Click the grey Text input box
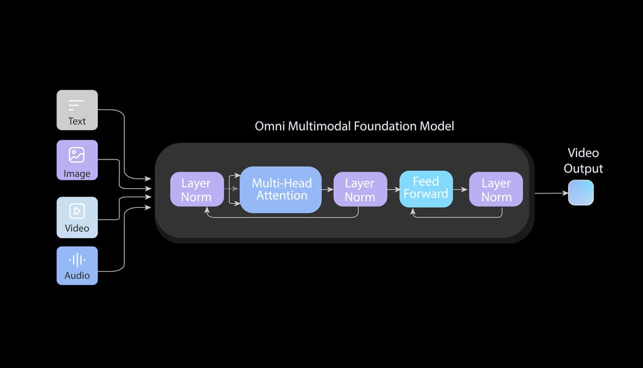pyautogui.click(x=77, y=110)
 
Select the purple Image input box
pyautogui.click(x=77, y=160)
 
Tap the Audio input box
pyautogui.click(x=77, y=266)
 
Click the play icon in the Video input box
pyautogui.click(x=77, y=211)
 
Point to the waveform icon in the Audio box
pyautogui.click(x=77, y=259)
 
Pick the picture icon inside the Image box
pyautogui.click(x=77, y=154)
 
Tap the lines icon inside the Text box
pyautogui.click(x=76, y=105)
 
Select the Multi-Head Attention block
pyautogui.click(x=280, y=190)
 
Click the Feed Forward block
pyautogui.click(x=426, y=188)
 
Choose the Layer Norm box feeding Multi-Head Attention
pyautogui.click(x=197, y=190)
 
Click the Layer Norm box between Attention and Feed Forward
pyautogui.click(x=359, y=190)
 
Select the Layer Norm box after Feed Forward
pyautogui.click(x=496, y=190)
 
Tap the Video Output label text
pyautogui.click(x=583, y=161)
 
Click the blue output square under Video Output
pyautogui.click(x=581, y=193)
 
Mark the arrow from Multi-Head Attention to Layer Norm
pyautogui.click(x=327, y=190)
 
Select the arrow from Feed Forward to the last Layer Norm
pyautogui.click(x=461, y=190)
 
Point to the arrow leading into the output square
pyautogui.click(x=551, y=193)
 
